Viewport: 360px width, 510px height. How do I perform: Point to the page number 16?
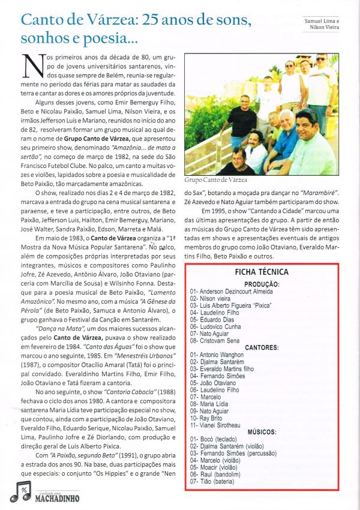click(25, 491)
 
